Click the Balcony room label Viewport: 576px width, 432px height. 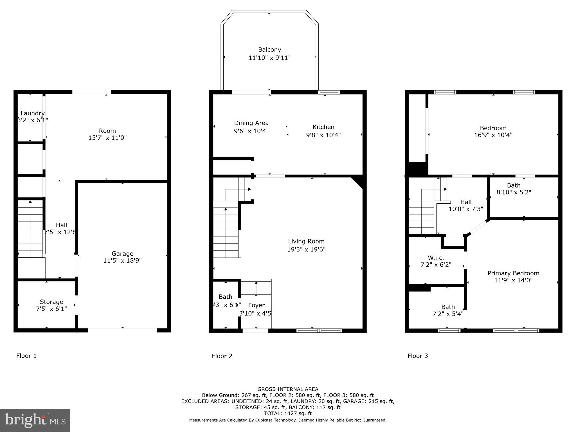269,50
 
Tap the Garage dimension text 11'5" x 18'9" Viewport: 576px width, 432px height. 122,261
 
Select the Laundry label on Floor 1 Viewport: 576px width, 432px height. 33,113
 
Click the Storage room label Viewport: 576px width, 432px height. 51,302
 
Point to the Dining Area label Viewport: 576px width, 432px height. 251,123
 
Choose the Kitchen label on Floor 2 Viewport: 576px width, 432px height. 323,127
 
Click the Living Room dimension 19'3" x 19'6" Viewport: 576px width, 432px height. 306,249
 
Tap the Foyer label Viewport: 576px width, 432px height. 256,305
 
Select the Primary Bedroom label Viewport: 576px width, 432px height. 513,273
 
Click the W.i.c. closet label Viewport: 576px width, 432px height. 436,258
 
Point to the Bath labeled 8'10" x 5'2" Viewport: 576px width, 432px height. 514,185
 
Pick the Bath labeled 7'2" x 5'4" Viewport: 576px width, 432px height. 448,307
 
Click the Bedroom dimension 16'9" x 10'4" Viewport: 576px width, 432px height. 493,135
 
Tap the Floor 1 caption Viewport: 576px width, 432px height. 26,356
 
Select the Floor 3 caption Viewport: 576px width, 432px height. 417,356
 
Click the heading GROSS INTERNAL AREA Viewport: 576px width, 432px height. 288,389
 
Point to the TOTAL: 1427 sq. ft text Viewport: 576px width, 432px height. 288,413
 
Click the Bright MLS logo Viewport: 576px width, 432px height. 35,420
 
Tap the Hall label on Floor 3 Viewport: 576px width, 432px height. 466,202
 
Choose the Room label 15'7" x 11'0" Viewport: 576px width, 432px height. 107,131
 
